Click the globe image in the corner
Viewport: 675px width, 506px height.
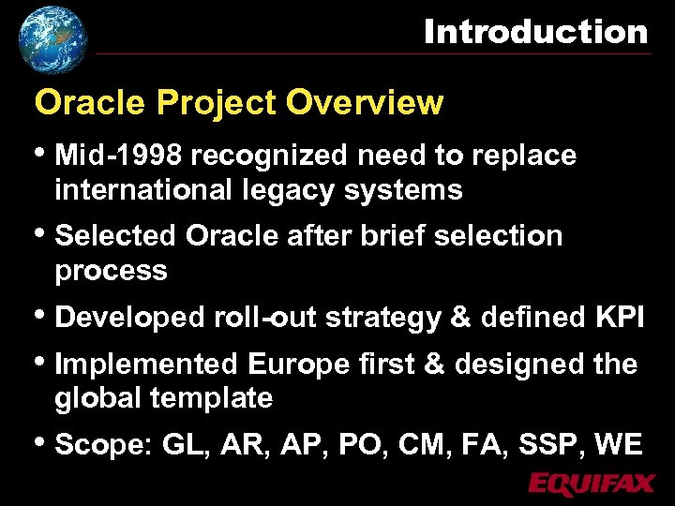[x=52, y=38]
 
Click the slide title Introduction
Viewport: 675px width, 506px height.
[x=535, y=32]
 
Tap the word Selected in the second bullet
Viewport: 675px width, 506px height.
[x=117, y=235]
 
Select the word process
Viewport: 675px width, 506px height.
[x=111, y=271]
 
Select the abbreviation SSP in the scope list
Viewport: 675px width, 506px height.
[x=549, y=444]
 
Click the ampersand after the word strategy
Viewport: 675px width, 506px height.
[x=460, y=318]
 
